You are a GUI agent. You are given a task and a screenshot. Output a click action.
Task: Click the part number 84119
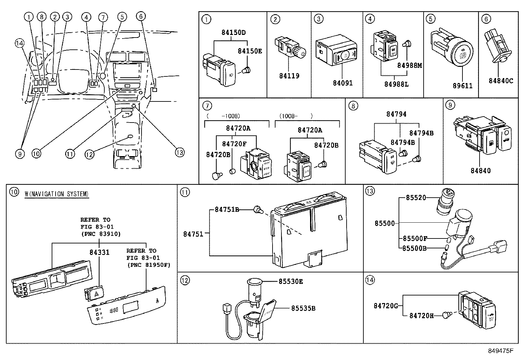coord(289,76)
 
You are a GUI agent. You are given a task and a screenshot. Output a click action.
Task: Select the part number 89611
coord(462,86)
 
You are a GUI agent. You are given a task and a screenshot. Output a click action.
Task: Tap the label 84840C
coord(501,81)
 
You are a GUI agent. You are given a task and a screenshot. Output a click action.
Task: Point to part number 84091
coord(343,83)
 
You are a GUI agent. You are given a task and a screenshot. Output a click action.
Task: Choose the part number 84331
coord(99,252)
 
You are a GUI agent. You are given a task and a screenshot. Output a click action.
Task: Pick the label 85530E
coord(291,281)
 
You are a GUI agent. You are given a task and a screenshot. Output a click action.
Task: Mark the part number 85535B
coord(303,308)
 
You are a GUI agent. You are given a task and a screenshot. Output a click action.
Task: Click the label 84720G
coord(386,306)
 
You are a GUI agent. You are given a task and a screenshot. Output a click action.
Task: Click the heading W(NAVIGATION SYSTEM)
coord(57,194)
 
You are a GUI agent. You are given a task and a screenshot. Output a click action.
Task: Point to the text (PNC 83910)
coord(101,234)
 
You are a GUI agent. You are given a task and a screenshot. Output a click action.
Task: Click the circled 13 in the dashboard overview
coord(179,152)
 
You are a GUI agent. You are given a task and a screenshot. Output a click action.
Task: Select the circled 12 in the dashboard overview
coord(90,153)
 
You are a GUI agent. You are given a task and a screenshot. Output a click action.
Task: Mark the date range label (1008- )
coord(296,116)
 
